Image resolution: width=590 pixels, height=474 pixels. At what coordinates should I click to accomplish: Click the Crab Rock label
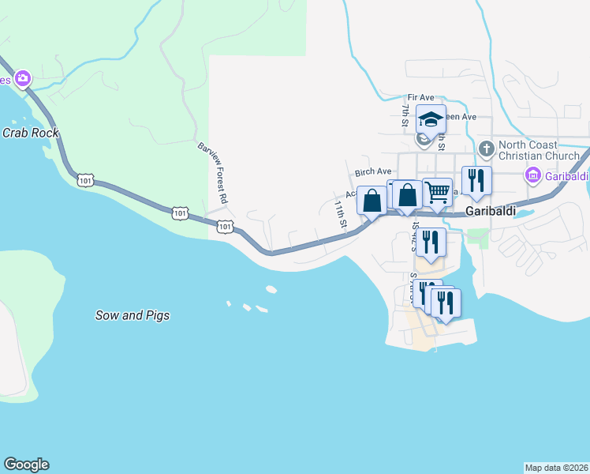[30, 133]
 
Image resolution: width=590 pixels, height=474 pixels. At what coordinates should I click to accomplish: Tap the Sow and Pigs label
[133, 315]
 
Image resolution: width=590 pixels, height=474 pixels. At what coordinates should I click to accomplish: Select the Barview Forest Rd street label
[212, 173]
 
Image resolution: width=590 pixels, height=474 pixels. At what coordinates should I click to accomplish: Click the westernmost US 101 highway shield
[85, 181]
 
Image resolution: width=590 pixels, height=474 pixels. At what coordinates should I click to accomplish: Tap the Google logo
[26, 465]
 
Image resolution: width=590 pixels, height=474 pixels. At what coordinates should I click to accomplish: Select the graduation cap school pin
[431, 119]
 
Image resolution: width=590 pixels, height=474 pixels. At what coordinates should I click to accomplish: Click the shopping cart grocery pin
[438, 192]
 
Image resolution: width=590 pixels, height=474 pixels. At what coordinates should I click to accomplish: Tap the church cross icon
[487, 148]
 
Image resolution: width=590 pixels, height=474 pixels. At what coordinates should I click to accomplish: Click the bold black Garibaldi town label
[491, 212]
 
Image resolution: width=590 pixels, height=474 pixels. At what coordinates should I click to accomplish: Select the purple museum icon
[534, 175]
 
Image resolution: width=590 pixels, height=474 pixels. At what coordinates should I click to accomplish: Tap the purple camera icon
[23, 78]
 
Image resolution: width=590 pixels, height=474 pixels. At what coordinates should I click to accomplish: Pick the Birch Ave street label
[373, 171]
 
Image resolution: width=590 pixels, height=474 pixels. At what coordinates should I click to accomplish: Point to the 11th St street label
[340, 214]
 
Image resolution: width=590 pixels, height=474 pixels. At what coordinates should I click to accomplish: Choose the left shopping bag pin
[372, 199]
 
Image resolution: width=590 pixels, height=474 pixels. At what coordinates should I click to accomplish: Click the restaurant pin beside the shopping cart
[476, 180]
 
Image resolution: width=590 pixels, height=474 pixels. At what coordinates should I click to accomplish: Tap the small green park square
[477, 236]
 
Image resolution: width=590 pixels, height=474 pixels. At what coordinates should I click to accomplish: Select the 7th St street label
[404, 115]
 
